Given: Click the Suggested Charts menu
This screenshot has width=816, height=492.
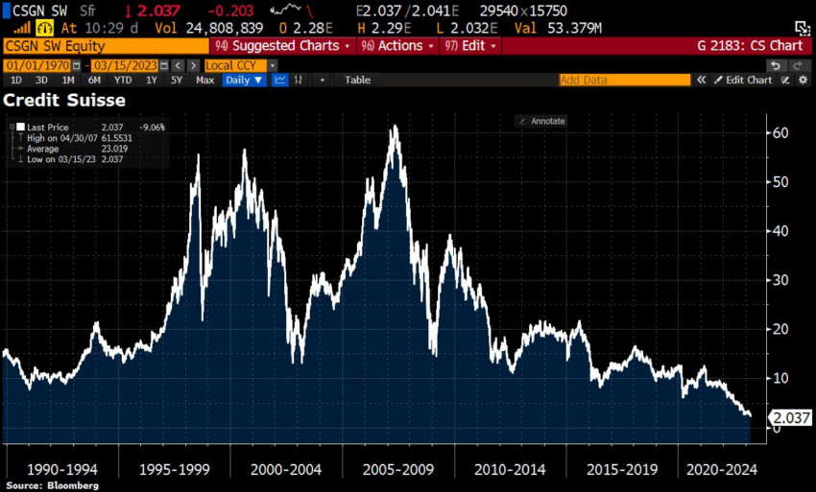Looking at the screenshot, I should click(x=284, y=46).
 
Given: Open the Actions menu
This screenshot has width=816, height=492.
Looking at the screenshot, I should click(x=396, y=46).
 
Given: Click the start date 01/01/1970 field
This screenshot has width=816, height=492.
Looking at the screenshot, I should click(x=44, y=65).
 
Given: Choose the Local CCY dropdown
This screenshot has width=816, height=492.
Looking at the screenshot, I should click(x=240, y=65).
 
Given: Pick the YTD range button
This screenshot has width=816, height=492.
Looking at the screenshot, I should click(x=125, y=81).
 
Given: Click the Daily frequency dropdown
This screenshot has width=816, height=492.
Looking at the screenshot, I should click(x=243, y=81).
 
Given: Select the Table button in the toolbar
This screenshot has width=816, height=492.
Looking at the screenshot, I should click(x=357, y=81).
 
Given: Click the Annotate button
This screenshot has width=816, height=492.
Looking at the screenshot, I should click(x=541, y=121).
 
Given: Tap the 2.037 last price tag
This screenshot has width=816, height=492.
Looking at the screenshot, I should click(x=792, y=417).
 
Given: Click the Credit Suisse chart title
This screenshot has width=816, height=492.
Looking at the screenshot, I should click(x=64, y=100).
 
